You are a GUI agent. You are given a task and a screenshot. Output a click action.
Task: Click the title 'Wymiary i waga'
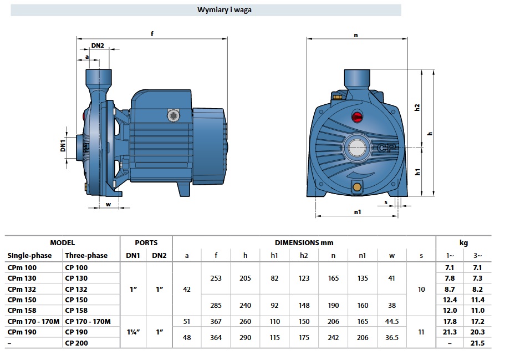(x=224, y=9)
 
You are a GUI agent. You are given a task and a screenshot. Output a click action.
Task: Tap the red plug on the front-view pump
(x=357, y=116)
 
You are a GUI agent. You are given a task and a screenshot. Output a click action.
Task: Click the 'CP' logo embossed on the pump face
(x=387, y=148)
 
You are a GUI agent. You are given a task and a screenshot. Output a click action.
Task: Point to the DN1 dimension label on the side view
(x=63, y=145)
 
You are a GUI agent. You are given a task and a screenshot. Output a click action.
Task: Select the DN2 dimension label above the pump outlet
(x=98, y=45)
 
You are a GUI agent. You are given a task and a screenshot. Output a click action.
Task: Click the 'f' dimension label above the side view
(x=152, y=33)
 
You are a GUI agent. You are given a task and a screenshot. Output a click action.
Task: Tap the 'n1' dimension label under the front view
(x=358, y=212)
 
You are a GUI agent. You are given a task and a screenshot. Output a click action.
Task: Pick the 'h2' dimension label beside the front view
(x=417, y=107)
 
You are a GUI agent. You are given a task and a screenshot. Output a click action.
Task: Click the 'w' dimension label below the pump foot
(x=108, y=204)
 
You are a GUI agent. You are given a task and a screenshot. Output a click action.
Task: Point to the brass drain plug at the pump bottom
(x=357, y=187)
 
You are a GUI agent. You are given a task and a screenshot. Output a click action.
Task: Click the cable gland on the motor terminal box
(x=174, y=115)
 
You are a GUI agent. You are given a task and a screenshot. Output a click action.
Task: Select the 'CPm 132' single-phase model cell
(x=22, y=289)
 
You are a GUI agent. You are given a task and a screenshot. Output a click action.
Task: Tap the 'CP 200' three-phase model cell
(x=76, y=343)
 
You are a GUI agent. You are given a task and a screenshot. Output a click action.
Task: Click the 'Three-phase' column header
(x=86, y=255)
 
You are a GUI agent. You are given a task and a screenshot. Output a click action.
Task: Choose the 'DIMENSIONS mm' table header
(x=304, y=243)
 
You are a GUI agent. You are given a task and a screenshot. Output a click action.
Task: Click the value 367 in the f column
(x=216, y=321)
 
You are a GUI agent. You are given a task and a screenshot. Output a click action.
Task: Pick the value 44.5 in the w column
(x=391, y=321)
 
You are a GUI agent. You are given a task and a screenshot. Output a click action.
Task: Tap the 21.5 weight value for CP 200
(x=477, y=343)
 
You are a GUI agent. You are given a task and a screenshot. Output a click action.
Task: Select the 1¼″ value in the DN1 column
(x=134, y=332)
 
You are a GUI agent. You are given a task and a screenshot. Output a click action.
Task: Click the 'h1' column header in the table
(x=274, y=256)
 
